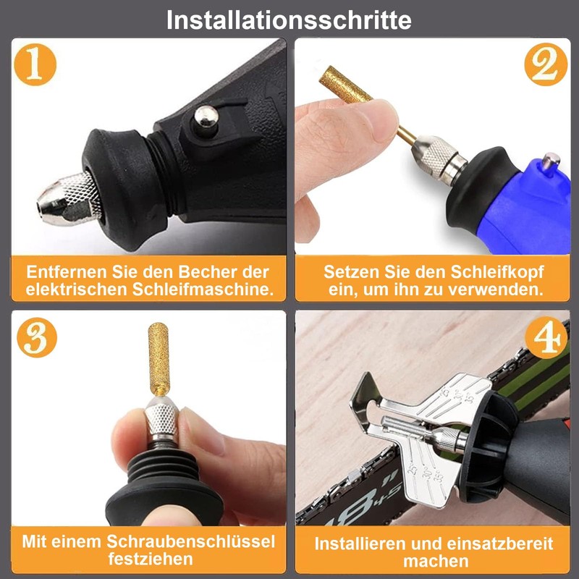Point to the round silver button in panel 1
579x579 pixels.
click(206, 115)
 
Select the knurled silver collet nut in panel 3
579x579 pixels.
click(160, 426)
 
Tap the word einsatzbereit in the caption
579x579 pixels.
click(496, 544)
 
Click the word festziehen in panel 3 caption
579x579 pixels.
click(151, 559)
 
